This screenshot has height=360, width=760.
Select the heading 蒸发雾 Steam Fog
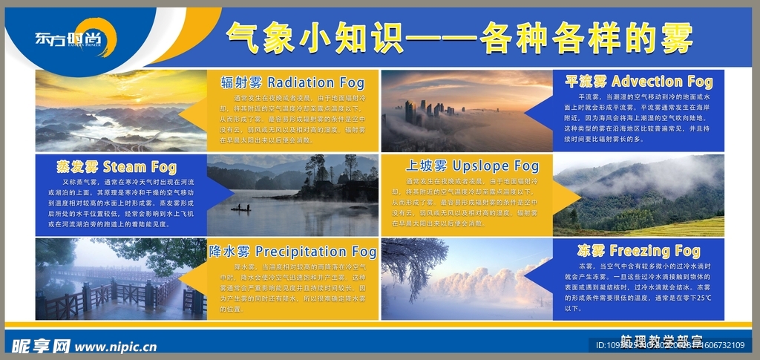[116, 166]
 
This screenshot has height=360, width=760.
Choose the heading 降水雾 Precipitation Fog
[292, 250]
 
